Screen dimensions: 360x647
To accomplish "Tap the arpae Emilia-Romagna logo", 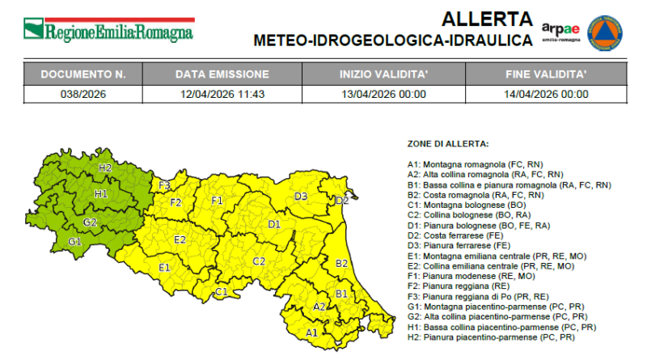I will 560,31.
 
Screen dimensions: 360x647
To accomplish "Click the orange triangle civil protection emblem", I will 604,32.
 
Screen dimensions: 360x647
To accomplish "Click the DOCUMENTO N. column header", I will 83,74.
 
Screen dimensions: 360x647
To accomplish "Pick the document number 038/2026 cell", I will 83,93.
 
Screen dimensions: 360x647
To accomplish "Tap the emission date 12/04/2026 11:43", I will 222,93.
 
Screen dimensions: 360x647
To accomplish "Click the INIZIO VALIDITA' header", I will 383,74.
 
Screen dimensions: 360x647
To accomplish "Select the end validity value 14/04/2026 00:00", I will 547,93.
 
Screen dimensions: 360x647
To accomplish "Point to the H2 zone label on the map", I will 105,167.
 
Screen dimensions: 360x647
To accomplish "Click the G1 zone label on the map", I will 74,242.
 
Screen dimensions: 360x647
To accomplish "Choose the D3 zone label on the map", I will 301,196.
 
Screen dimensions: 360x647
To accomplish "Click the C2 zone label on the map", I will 259,260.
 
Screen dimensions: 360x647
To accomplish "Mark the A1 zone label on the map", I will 311,332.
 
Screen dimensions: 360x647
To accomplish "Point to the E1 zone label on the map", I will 164,267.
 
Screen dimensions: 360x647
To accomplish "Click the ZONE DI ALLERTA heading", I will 447,143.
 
